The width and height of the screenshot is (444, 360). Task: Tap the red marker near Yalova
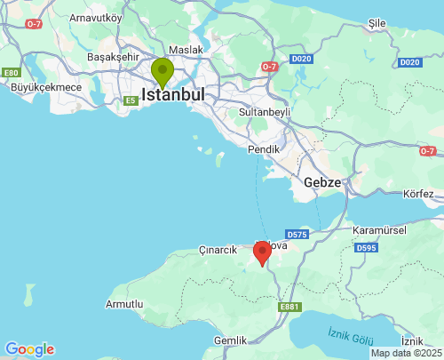point(262,252)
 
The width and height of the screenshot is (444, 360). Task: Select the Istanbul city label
point(173,93)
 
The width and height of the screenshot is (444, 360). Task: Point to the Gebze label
point(322,181)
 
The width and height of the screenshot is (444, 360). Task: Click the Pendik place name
point(264,149)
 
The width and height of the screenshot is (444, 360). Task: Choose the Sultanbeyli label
point(266,113)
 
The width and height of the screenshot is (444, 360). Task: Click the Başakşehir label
point(114,57)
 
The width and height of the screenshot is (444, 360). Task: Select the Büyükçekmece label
point(45,87)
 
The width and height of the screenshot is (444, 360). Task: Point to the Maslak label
point(186,50)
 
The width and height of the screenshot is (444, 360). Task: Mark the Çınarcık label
point(218,250)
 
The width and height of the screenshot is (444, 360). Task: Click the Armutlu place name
point(124,304)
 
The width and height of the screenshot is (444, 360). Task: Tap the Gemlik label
point(231,340)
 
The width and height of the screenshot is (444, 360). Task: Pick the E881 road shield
point(289,307)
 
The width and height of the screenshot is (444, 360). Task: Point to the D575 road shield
point(297,235)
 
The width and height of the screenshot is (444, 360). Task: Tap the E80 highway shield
point(11,72)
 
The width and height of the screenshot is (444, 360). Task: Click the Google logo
point(29,349)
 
